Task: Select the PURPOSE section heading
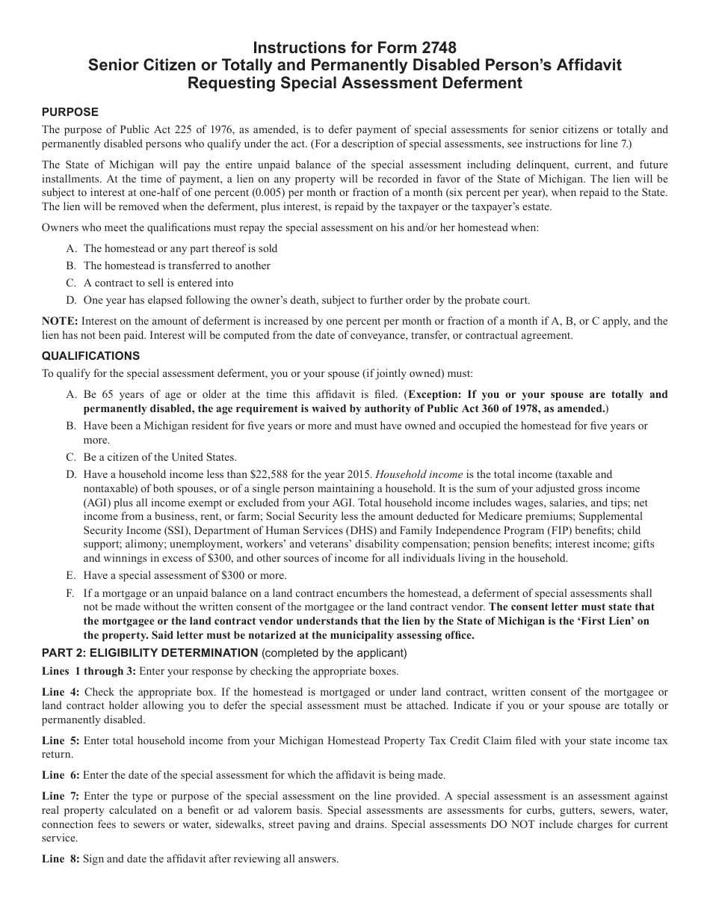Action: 70,112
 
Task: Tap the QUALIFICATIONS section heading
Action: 90,356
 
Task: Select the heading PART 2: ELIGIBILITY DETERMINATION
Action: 149,652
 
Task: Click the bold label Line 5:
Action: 61,740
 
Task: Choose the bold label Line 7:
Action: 61,796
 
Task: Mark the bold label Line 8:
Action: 61,859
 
